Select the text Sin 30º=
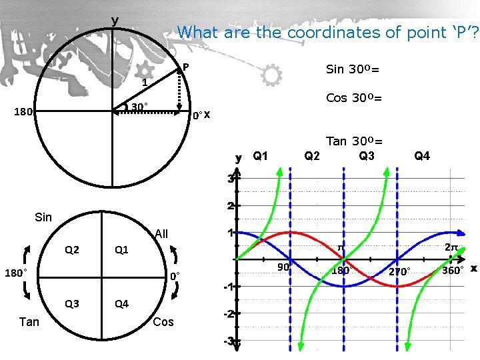[353, 69]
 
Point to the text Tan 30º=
[353, 141]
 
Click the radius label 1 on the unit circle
[144, 83]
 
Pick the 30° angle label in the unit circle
[139, 107]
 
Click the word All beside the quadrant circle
[161, 234]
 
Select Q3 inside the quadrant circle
[71, 304]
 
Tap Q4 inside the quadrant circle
[121, 304]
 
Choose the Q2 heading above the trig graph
[311, 157]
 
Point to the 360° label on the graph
[452, 271]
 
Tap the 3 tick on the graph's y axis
[229, 179]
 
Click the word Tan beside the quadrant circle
[29, 322]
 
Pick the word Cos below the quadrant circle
[163, 322]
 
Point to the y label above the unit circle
[115, 21]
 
